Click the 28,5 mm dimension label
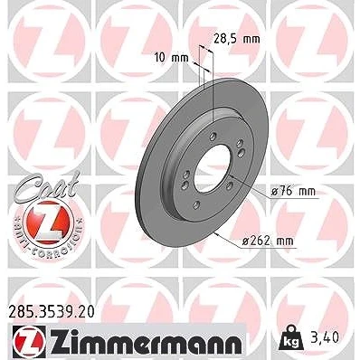click(x=237, y=39)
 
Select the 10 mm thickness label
click(x=171, y=57)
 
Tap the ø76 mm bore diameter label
click(x=293, y=191)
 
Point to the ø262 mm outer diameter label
click(x=268, y=241)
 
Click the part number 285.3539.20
click(x=52, y=311)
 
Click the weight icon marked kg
click(x=290, y=338)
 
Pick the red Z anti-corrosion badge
click(x=48, y=223)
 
